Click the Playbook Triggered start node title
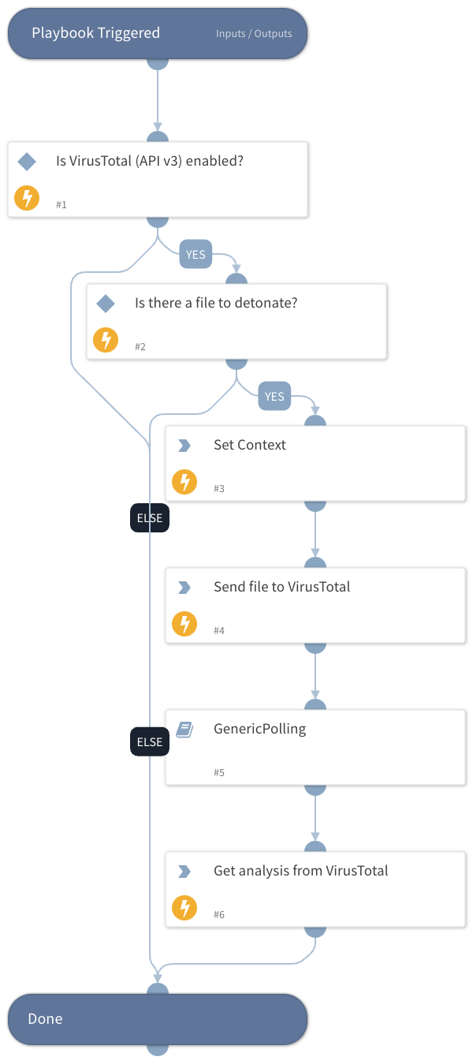95,33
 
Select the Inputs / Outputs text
254,34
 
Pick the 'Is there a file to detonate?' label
216,303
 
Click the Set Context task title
250,445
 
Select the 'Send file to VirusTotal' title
281,587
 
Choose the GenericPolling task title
259,729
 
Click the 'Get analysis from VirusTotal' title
300,871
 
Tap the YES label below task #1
195,254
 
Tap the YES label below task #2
274,396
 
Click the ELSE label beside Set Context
149,518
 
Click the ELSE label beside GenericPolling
149,741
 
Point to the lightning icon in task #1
27,198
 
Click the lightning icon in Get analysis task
184,908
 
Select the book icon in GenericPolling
184,730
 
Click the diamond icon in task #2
106,304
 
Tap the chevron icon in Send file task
184,588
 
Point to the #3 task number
219,488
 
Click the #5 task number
219,772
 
